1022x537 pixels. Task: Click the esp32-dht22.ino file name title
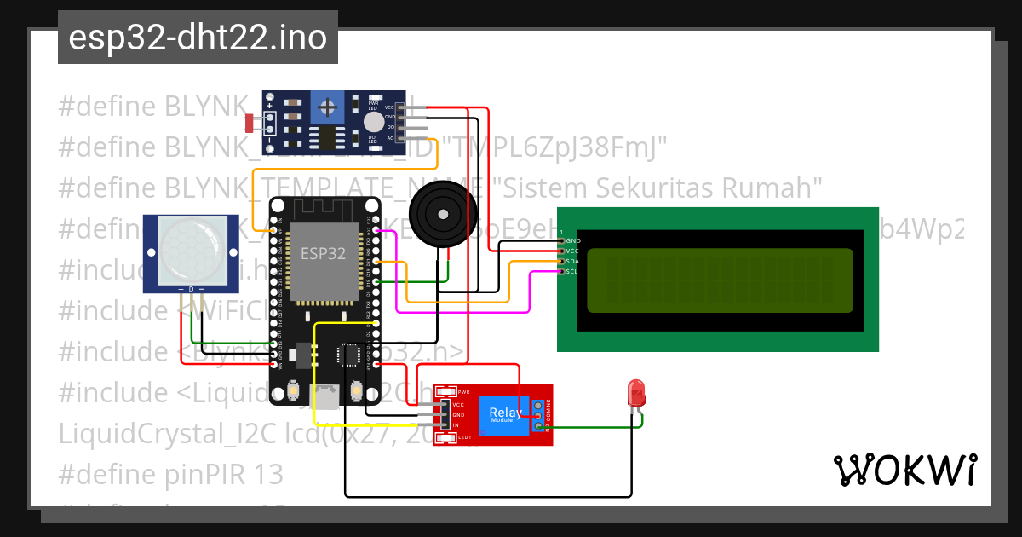[198, 38]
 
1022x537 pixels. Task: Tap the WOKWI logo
[904, 470]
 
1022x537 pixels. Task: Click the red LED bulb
[636, 393]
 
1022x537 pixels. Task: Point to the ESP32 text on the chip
[323, 253]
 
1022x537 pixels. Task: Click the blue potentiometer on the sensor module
[325, 107]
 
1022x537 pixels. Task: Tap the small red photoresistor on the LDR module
[250, 124]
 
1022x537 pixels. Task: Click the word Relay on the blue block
[506, 413]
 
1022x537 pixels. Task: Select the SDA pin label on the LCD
[573, 262]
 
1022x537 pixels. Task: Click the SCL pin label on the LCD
[572, 272]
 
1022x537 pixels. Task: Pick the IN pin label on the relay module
[456, 424]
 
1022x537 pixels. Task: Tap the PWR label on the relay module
[464, 392]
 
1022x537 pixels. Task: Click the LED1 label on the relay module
[464, 437]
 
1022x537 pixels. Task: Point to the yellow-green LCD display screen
[720, 280]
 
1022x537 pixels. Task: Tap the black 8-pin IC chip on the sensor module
[326, 136]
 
